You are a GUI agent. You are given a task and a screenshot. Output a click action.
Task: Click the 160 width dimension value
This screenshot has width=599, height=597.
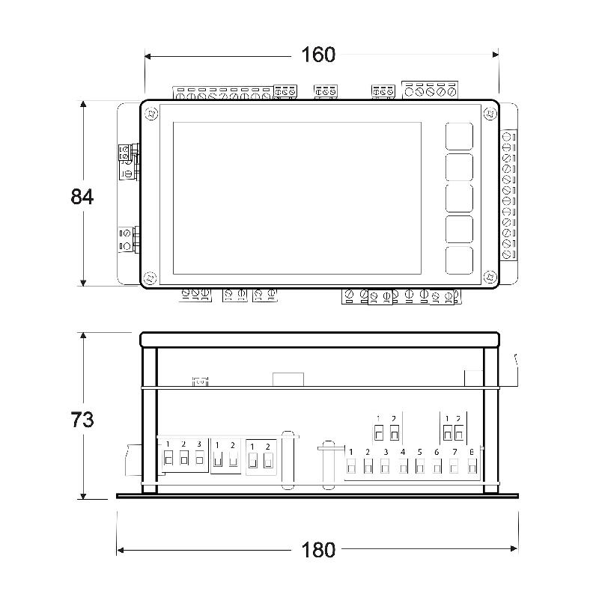[318, 55]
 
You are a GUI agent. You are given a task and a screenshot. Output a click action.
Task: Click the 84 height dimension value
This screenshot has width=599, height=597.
[82, 197]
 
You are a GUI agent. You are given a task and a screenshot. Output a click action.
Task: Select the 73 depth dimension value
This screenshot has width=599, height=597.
[82, 420]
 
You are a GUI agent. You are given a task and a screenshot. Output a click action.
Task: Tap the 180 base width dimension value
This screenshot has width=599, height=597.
[318, 550]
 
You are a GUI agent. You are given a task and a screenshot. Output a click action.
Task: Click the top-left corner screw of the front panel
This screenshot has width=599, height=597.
[151, 114]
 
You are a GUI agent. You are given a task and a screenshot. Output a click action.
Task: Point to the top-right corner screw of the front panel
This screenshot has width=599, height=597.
[490, 114]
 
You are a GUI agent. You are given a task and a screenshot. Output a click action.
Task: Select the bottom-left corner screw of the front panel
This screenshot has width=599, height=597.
[149, 278]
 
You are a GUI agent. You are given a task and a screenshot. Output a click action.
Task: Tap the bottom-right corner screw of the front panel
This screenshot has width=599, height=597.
[490, 277]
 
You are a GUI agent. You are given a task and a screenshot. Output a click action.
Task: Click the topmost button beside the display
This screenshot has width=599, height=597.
[459, 136]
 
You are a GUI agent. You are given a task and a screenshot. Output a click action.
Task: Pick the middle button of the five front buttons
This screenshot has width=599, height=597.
[459, 198]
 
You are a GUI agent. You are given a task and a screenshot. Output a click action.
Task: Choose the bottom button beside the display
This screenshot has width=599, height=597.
[459, 260]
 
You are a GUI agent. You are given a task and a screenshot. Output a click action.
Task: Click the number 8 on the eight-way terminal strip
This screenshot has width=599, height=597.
[472, 452]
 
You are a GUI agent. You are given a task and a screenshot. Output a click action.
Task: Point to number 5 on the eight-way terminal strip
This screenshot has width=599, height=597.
[420, 452]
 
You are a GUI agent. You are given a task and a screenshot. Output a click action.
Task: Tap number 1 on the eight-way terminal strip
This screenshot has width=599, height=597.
[351, 452]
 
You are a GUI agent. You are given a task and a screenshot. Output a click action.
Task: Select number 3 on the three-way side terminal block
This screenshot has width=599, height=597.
[199, 444]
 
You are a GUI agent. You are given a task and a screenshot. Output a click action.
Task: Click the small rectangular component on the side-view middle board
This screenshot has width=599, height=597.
[288, 379]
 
